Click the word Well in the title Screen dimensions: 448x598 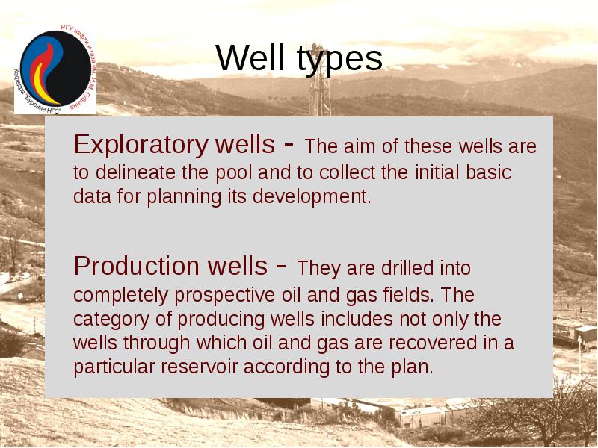tap(250, 58)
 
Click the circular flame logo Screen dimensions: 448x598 tap(53, 71)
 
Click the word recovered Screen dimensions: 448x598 tap(419, 343)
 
